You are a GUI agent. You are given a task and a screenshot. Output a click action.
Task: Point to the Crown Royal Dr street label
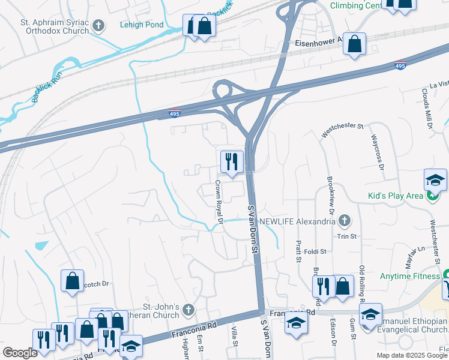point(218,203)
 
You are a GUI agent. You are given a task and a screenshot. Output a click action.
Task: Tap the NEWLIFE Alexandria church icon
point(344,221)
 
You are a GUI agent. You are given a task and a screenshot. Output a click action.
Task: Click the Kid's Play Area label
point(396,196)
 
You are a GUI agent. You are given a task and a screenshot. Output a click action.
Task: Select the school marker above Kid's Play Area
point(435,179)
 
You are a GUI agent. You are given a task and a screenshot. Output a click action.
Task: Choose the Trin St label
point(346,236)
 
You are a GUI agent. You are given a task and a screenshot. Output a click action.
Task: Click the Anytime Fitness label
point(409,277)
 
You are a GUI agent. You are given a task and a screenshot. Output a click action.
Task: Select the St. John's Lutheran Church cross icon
point(188,310)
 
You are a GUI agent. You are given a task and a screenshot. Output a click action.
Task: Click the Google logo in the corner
point(20,353)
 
